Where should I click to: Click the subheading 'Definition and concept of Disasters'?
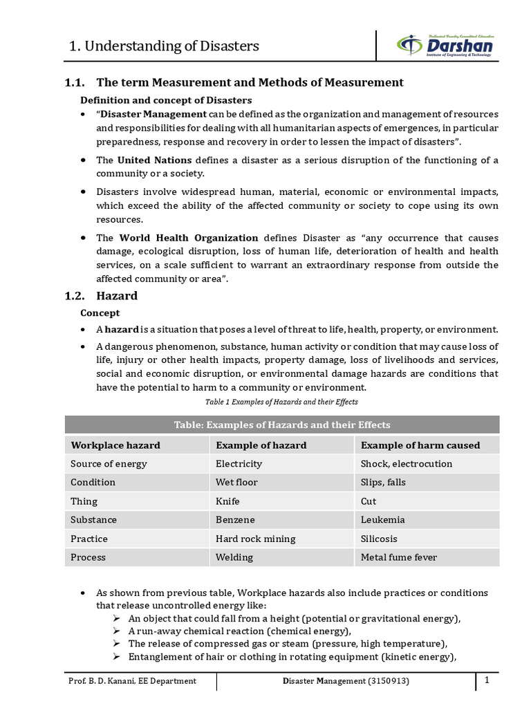[x=166, y=100]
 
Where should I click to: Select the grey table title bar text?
[x=281, y=425]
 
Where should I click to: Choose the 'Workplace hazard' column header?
[x=115, y=445]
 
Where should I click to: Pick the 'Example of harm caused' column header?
[x=420, y=445]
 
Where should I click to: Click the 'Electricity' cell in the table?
[x=239, y=464]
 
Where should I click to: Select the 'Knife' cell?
[x=227, y=501]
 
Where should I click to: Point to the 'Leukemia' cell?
[x=382, y=520]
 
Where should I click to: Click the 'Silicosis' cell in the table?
[x=379, y=539]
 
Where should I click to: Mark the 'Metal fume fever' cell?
[x=399, y=557]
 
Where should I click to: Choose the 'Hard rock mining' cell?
[x=255, y=539]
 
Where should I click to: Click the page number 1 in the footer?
[x=487, y=680]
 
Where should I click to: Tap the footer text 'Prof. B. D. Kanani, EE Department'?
[x=132, y=681]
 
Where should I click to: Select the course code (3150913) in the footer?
[x=389, y=681]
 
